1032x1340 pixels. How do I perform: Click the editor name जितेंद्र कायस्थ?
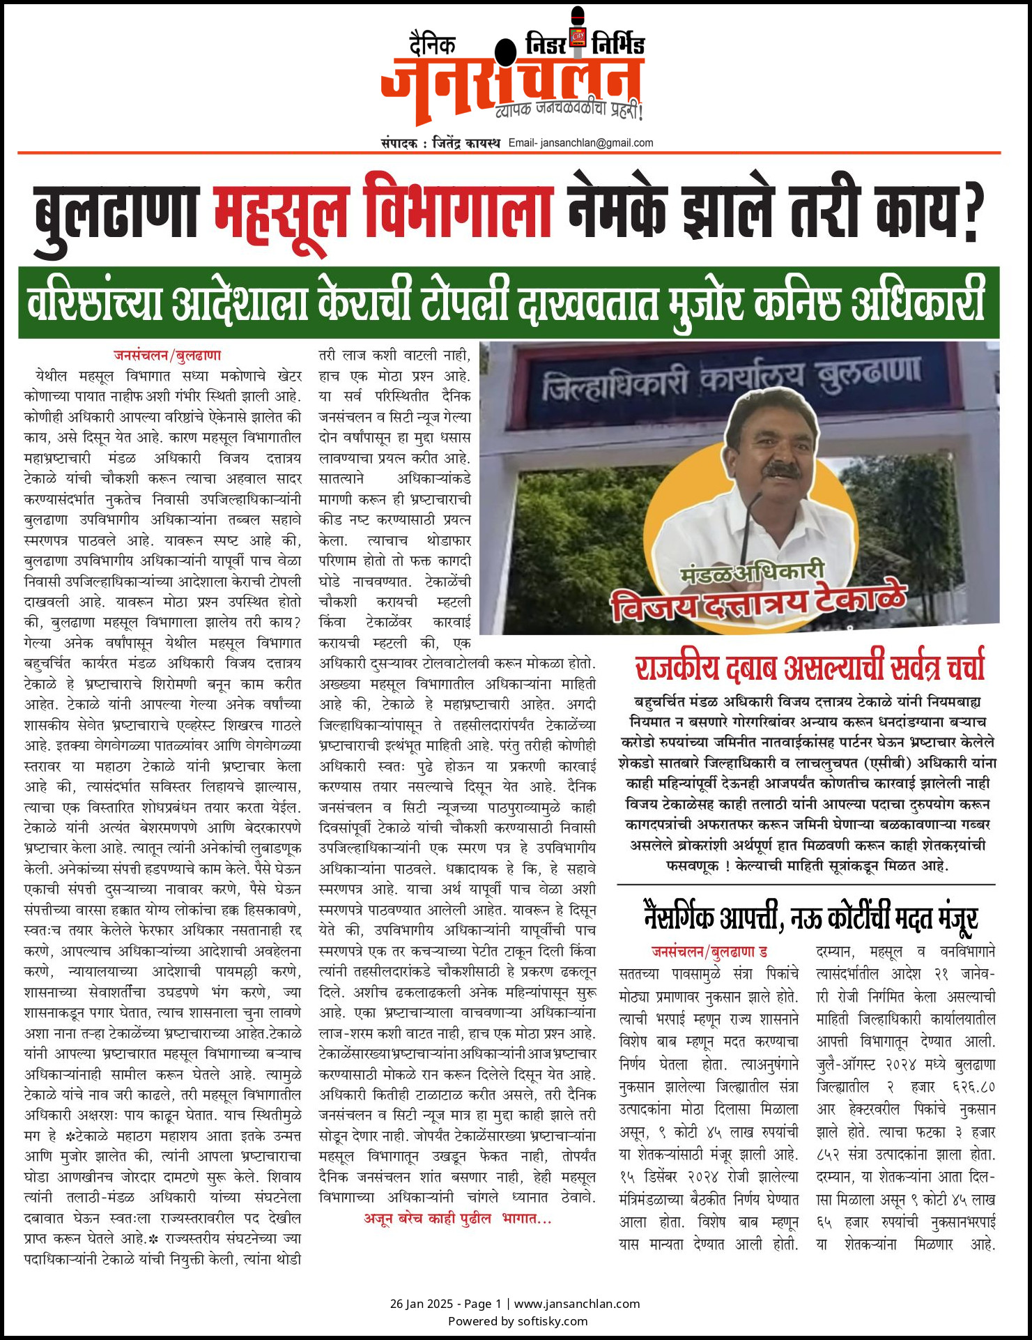click(x=466, y=143)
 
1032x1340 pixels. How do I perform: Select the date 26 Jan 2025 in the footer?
click(x=421, y=1303)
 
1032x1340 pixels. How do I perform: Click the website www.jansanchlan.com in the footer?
click(x=577, y=1303)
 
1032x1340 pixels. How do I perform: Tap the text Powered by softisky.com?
click(x=517, y=1320)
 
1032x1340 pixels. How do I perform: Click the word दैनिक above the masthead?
click(x=433, y=45)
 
